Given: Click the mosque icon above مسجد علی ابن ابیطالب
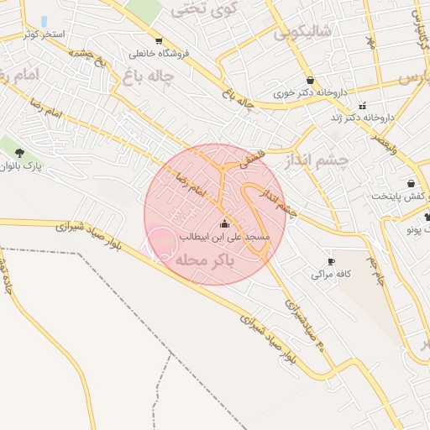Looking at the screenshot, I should (223, 224).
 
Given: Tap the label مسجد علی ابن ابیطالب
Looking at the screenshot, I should (223, 238).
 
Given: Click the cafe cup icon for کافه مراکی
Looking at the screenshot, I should (331, 262).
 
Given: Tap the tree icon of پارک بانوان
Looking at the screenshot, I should (19, 153).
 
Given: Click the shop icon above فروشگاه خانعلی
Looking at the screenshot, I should (159, 41).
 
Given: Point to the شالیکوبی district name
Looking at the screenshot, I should (302, 33).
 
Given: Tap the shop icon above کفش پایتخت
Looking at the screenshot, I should (410, 183).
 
